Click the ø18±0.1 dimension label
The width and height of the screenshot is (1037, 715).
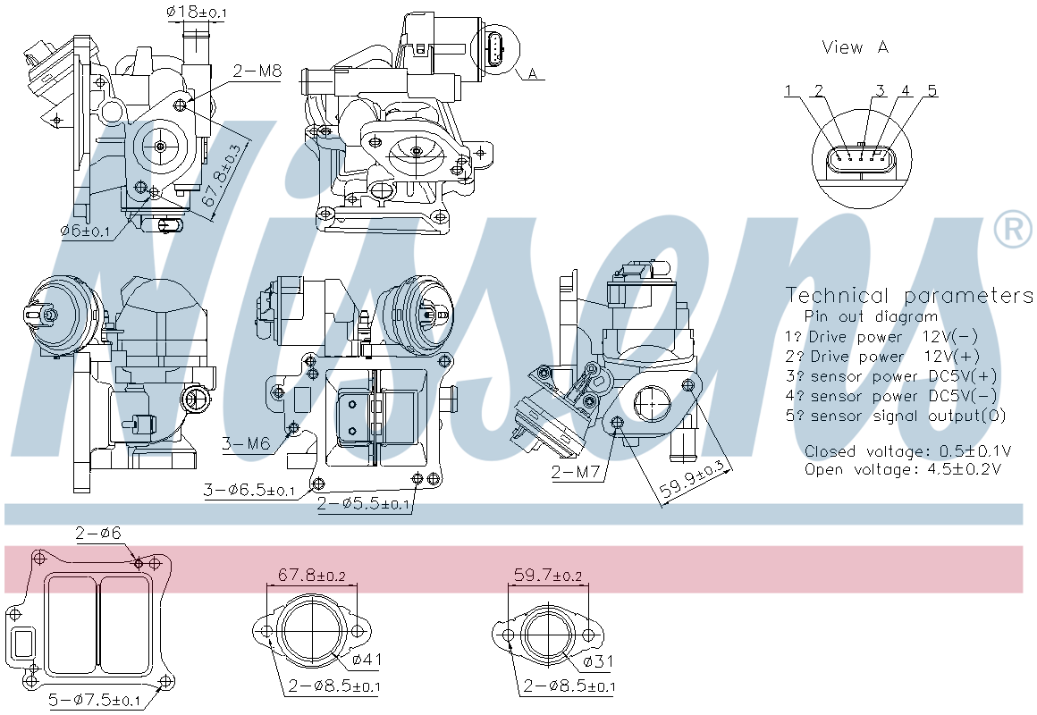coord(197,13)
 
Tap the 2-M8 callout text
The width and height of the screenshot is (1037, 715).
coord(257,70)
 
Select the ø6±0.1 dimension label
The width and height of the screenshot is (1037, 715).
coord(85,231)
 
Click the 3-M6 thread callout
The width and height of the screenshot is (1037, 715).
coord(246,443)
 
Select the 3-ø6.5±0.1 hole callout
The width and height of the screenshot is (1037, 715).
coord(249,490)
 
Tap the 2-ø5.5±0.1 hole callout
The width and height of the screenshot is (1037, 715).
coord(365,504)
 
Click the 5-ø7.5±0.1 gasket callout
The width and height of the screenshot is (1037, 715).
coord(95,701)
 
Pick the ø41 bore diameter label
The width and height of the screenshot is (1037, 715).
coord(367,660)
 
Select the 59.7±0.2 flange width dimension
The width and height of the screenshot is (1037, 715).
coord(548,576)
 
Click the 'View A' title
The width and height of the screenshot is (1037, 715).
coord(855,47)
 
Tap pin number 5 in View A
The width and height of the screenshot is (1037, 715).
coord(932,90)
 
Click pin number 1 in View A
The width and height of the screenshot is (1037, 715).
coord(789,90)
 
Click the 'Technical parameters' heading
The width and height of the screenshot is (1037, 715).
coord(908,296)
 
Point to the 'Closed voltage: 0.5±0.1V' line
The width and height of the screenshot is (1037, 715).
coord(907,451)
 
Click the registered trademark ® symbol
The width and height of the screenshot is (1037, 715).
coord(1013,230)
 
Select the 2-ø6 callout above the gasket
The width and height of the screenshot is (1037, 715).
coord(97,534)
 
